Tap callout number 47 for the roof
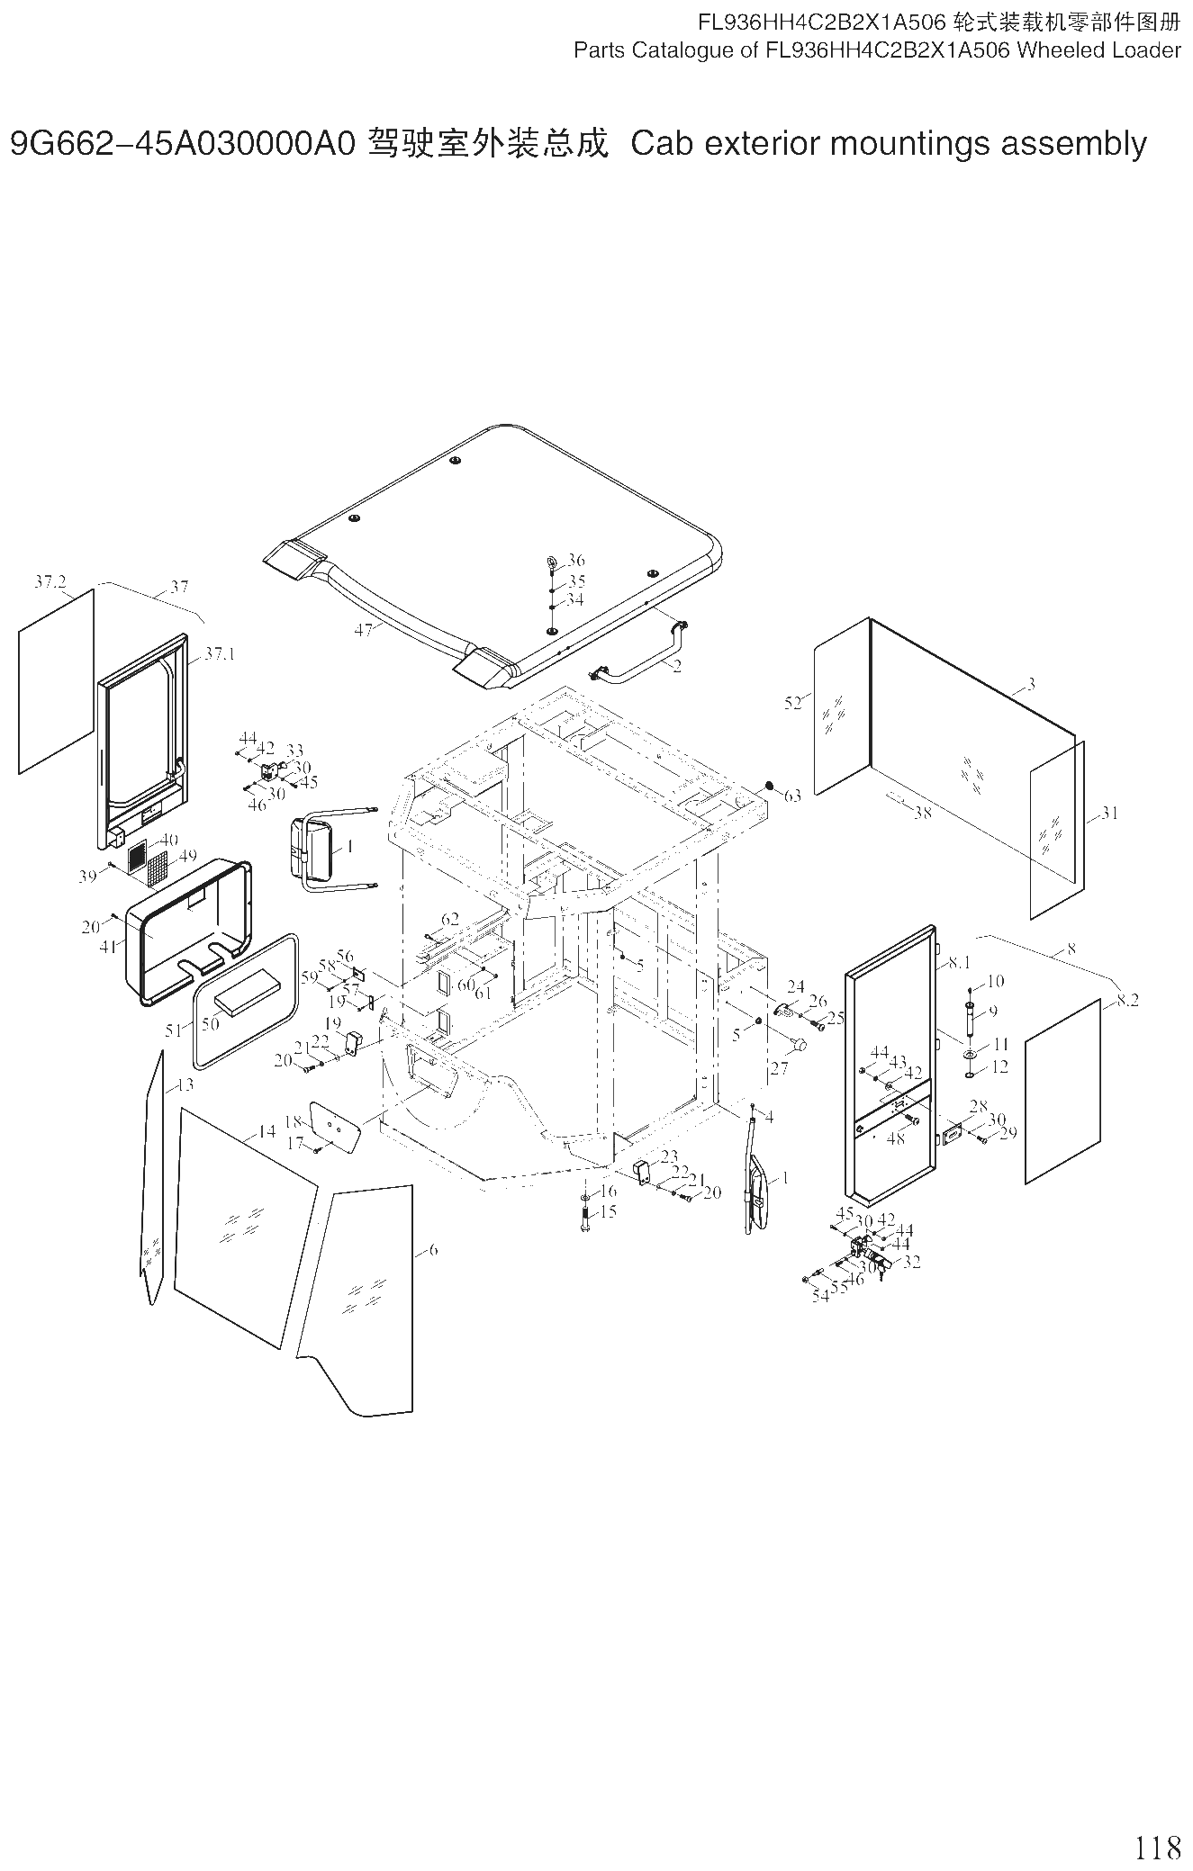pos(364,631)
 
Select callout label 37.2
pos(50,581)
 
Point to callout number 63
pos(792,796)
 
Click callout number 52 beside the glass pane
pos(792,703)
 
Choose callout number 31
pos(1109,813)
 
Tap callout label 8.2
pos(1127,1001)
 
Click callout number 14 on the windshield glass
pos(267,1131)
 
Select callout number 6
pos(433,1250)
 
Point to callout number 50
pos(210,1024)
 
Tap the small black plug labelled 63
pos(770,786)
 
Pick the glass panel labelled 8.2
pos(1062,1091)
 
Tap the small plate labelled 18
pos(335,1126)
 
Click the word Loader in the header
pos(1146,50)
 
